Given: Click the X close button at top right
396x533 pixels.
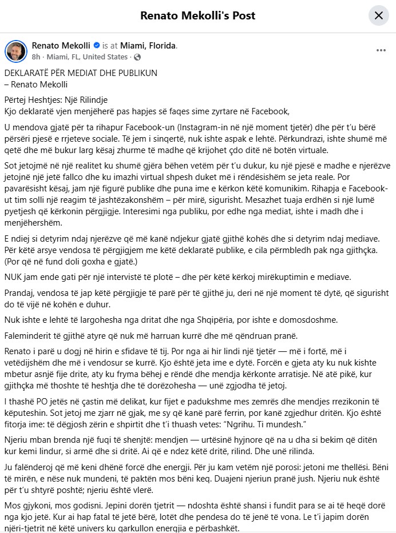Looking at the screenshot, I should click(378, 15).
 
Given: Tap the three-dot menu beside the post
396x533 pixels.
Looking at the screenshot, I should click(381, 50).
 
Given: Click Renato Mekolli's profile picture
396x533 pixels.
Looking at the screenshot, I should click(15, 51).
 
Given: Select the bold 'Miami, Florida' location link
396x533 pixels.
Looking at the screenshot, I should click(148, 46).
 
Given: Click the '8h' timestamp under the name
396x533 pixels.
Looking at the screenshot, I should click(36, 57).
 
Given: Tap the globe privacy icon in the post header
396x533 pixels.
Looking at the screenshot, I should click(137, 57).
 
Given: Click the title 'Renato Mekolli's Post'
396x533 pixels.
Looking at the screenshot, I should click(197, 15).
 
